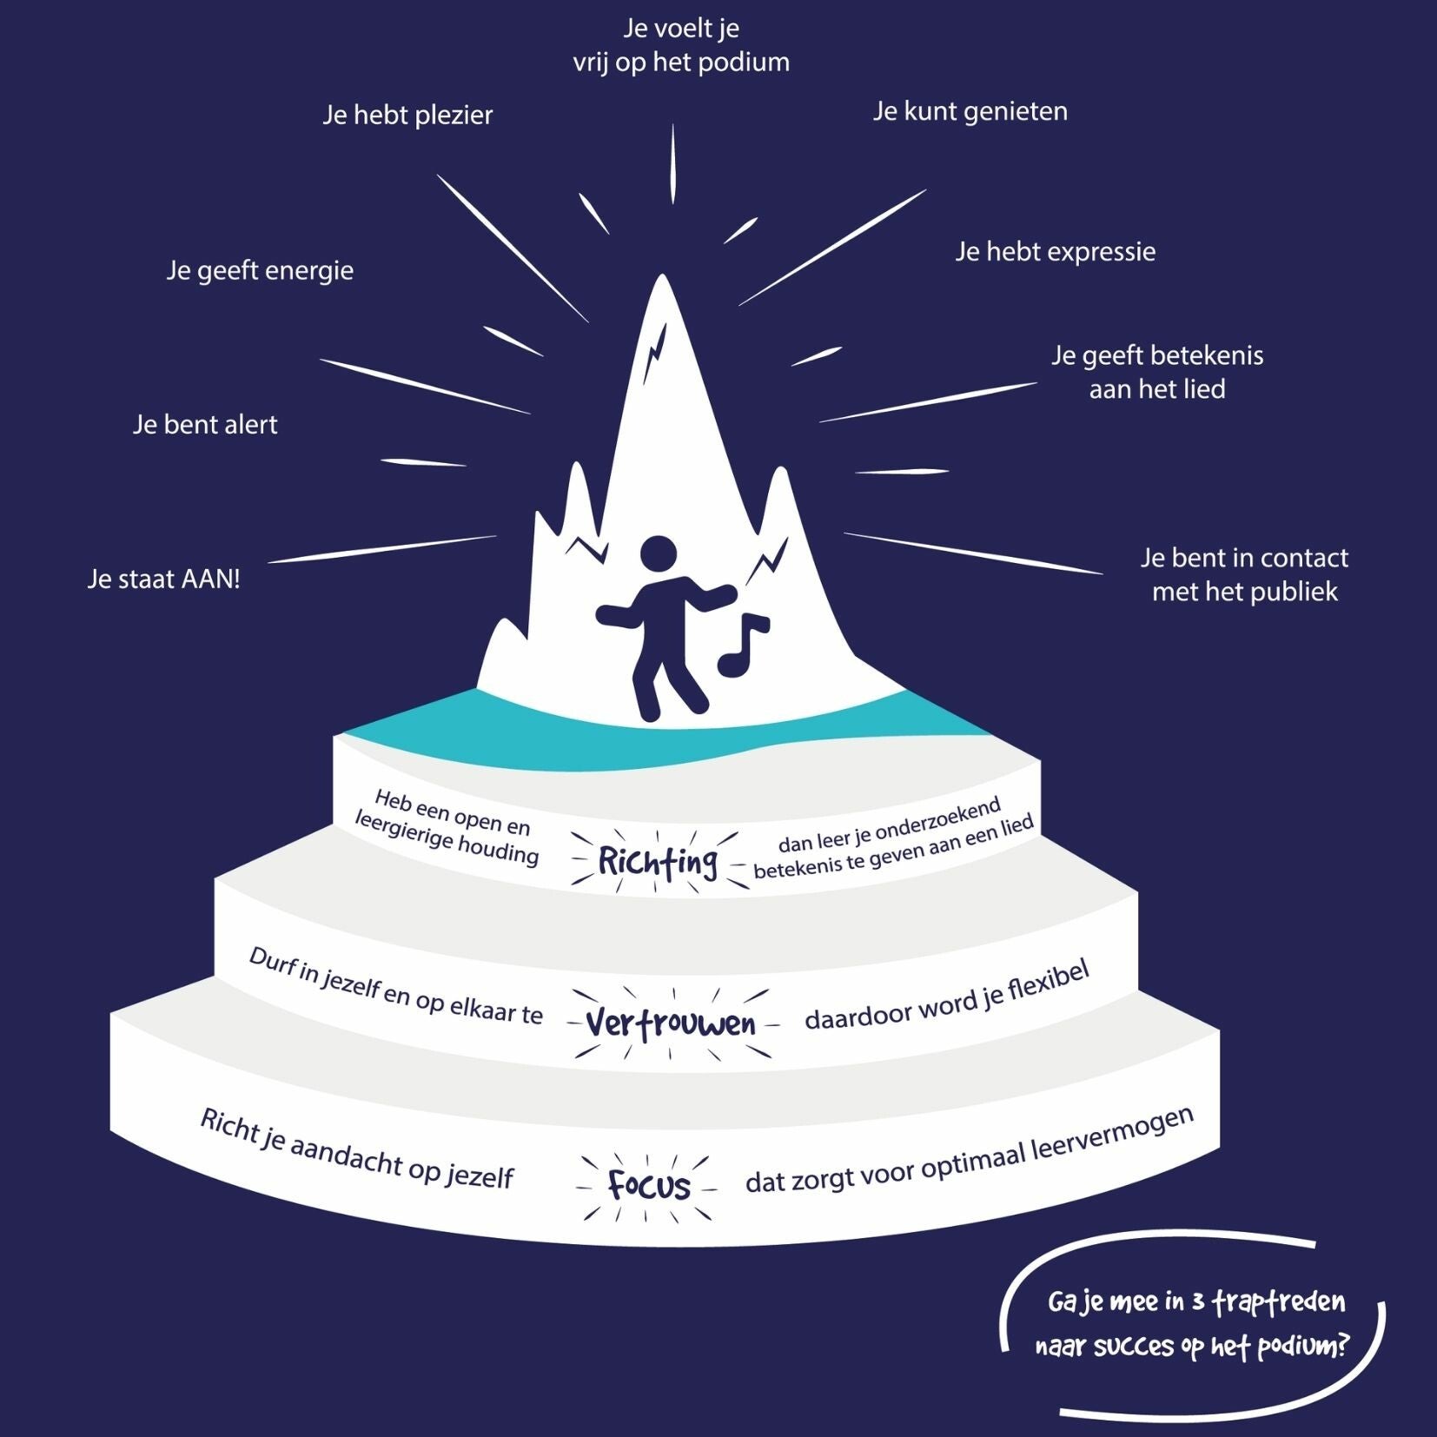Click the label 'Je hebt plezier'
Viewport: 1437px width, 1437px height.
(x=407, y=115)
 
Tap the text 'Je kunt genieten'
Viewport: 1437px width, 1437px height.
(x=970, y=111)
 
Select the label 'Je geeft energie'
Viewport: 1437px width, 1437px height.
(x=260, y=270)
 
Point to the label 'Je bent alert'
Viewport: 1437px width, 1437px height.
(x=205, y=425)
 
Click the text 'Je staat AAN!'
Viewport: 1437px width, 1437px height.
(x=163, y=579)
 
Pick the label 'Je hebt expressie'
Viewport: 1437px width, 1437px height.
(x=1055, y=252)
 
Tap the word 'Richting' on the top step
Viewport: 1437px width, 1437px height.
(x=658, y=862)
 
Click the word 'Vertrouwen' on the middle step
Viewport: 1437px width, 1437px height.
(x=671, y=1023)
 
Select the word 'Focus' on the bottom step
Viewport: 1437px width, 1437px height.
(x=649, y=1185)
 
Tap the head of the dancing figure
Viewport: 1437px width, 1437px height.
(x=658, y=553)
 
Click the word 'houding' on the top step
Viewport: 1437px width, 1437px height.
(x=497, y=851)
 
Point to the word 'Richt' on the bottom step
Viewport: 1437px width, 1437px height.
(x=230, y=1125)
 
